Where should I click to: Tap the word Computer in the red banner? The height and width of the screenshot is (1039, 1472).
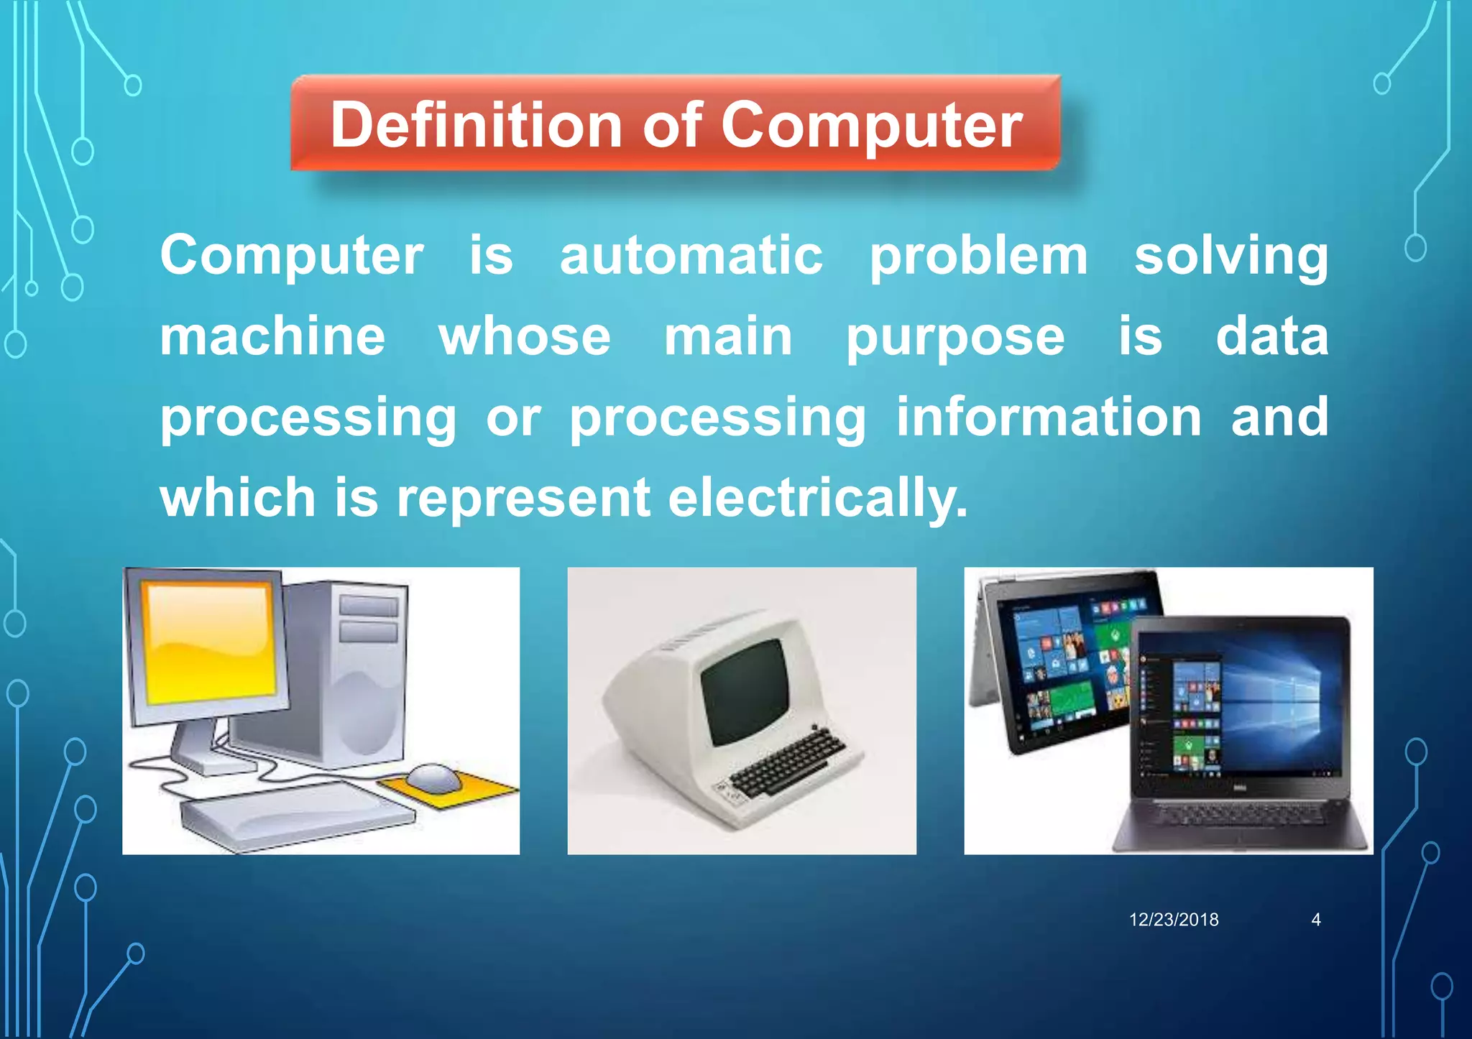(x=871, y=125)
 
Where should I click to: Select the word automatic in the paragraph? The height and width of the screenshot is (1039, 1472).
(x=691, y=256)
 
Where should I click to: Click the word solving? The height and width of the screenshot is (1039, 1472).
(x=1231, y=256)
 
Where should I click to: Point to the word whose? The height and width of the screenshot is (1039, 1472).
(x=525, y=337)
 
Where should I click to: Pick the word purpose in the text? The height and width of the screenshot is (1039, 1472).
(x=954, y=338)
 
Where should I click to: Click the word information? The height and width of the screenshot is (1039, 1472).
(x=1049, y=417)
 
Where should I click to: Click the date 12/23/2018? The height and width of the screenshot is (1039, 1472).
(x=1174, y=920)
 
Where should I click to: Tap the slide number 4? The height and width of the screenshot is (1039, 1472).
(x=1316, y=920)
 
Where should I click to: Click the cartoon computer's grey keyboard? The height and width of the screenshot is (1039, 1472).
(x=295, y=816)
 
